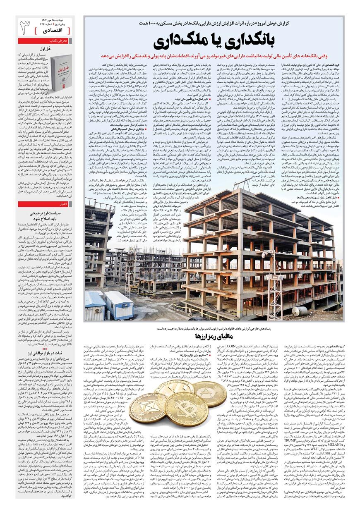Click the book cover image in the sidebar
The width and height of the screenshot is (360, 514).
tap(61, 67)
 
